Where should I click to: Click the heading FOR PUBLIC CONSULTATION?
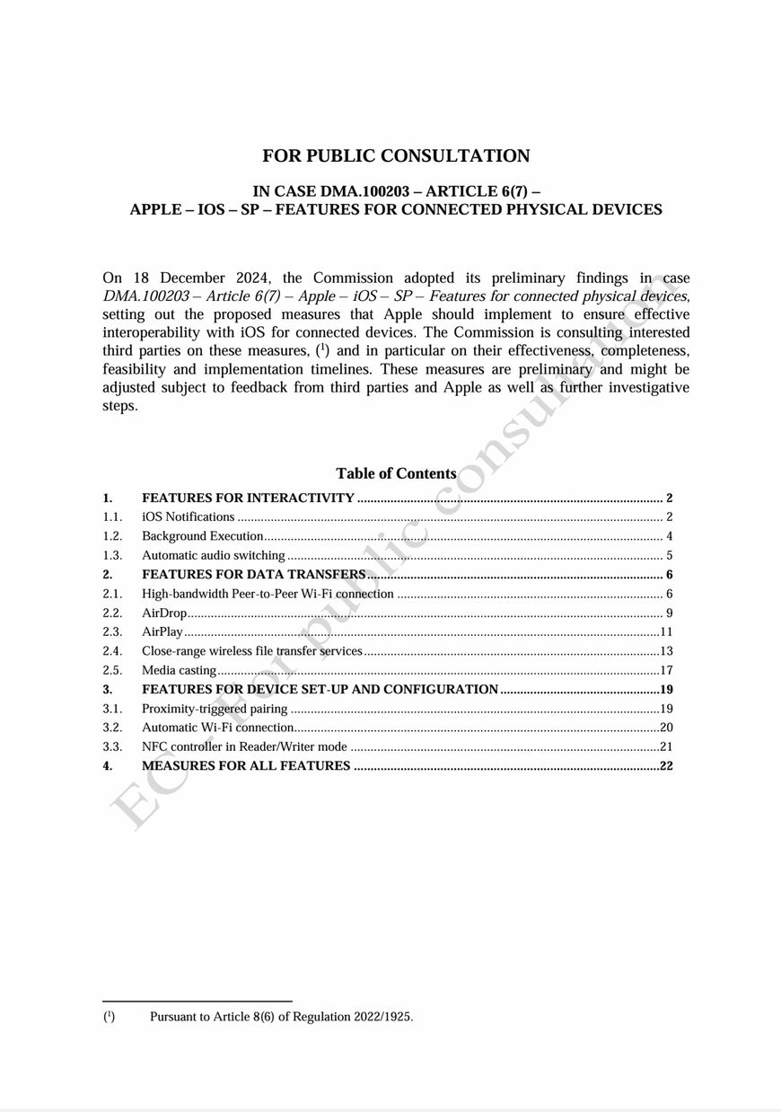point(396,156)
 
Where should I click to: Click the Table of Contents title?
point(396,473)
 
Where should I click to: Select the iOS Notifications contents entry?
point(189,516)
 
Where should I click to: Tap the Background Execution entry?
point(202,536)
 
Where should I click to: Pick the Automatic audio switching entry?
point(214,555)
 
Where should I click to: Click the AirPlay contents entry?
point(162,631)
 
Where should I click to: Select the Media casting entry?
point(179,670)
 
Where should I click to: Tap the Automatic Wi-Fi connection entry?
point(217,728)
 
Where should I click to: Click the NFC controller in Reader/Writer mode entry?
point(244,746)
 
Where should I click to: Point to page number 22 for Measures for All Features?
point(666,766)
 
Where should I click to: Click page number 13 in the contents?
point(666,651)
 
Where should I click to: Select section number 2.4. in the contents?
point(112,651)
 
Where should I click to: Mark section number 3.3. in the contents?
point(112,746)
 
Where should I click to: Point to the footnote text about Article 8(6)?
point(281,1017)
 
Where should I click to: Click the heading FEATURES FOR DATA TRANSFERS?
point(253,575)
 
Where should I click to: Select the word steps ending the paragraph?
point(119,405)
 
